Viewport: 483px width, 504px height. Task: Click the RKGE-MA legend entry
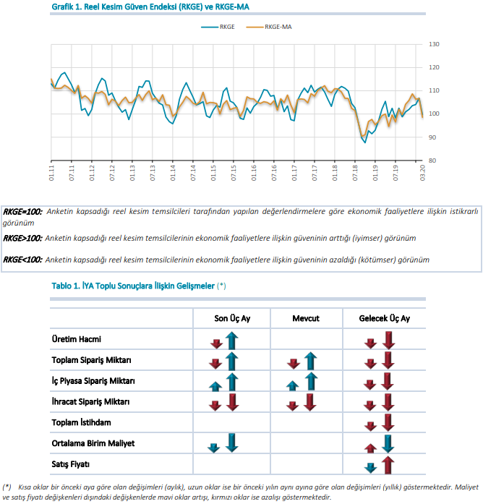[269, 27]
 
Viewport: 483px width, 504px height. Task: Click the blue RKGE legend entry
[218, 27]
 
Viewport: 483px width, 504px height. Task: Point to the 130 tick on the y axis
[434, 44]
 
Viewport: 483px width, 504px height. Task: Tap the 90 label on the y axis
[432, 137]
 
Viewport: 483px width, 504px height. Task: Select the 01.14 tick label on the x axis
[173, 173]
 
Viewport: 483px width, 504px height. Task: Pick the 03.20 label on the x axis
[422, 173]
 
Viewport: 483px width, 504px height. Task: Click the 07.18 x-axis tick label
[355, 173]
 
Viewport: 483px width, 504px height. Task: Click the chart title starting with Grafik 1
[150, 7]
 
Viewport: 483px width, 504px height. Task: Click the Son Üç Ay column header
[232, 318]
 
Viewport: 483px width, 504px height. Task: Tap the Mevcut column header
[306, 318]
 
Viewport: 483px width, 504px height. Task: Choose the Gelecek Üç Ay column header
[385, 318]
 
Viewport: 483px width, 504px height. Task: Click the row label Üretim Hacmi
[77, 339]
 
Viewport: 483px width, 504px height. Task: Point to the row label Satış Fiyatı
[71, 464]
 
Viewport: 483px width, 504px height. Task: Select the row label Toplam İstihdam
[81, 422]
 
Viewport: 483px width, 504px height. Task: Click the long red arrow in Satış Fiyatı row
[388, 465]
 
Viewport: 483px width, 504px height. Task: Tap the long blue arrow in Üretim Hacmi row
[231, 341]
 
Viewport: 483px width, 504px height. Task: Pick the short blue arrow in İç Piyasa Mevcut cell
[292, 385]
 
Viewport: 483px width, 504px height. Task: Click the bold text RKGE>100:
[22, 238]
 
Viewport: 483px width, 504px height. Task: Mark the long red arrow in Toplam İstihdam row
[388, 422]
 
